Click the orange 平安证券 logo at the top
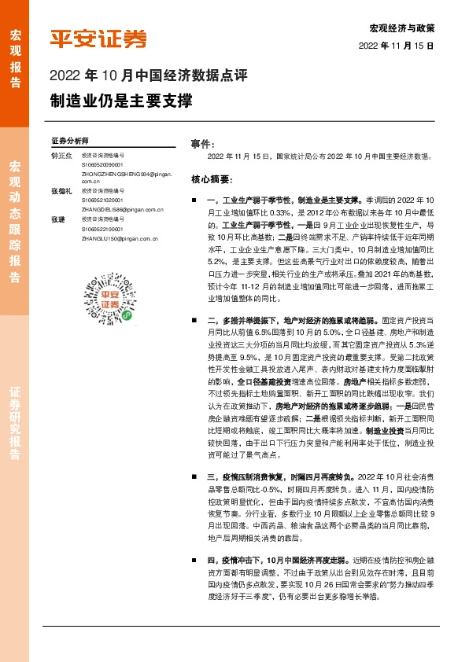click(98, 39)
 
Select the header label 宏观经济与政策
click(401, 28)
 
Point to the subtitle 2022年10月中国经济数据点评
click(149, 77)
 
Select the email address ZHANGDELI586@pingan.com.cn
click(121, 211)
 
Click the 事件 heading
click(202, 145)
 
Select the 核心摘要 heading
click(211, 178)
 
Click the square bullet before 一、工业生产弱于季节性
click(194, 201)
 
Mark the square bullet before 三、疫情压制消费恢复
click(194, 476)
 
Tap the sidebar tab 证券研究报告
click(15, 422)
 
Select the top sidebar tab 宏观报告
click(15, 52)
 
